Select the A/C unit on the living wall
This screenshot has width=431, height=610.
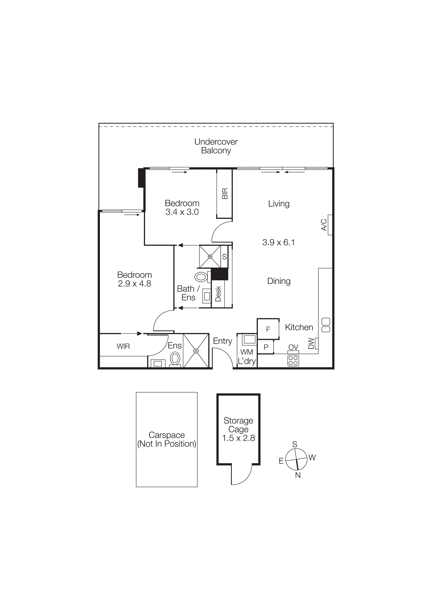330,225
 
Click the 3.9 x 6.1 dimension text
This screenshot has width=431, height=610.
278,242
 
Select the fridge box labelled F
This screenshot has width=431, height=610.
268,329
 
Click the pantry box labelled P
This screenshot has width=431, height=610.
265,347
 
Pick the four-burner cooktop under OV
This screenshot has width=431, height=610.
293,360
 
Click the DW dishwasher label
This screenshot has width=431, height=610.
311,344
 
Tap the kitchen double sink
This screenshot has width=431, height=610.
326,325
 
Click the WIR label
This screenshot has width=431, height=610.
123,346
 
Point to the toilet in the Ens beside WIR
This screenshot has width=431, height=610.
175,358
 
